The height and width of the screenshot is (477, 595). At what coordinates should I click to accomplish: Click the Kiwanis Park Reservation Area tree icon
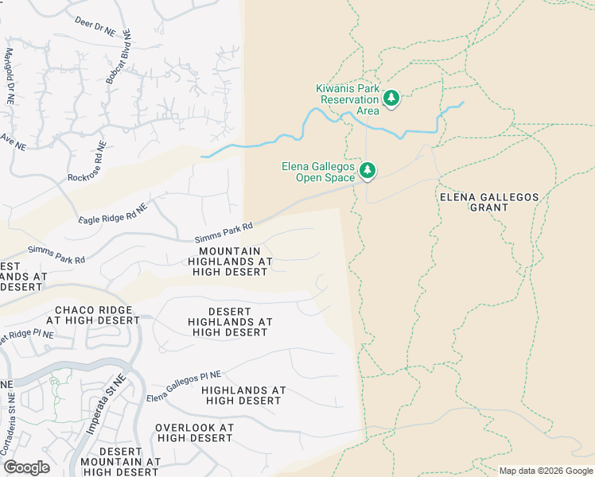point(391,99)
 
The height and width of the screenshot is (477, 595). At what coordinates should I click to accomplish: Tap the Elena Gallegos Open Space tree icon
point(367,170)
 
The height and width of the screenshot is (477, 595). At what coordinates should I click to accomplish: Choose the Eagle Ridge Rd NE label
point(113,213)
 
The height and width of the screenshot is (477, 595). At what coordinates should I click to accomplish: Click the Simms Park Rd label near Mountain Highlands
point(224,233)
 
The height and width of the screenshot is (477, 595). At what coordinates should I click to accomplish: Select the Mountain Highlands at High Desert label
point(230,261)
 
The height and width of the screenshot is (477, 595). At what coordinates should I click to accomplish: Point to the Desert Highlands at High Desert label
point(230,321)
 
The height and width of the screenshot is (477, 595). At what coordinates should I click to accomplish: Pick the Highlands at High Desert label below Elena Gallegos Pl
point(241,395)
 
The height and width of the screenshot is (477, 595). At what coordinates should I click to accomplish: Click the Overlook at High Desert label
point(194,432)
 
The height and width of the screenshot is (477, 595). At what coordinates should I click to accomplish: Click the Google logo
point(26,467)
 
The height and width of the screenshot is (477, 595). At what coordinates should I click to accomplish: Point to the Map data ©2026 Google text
point(546,471)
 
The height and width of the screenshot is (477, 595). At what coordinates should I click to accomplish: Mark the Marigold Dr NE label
point(10,77)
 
